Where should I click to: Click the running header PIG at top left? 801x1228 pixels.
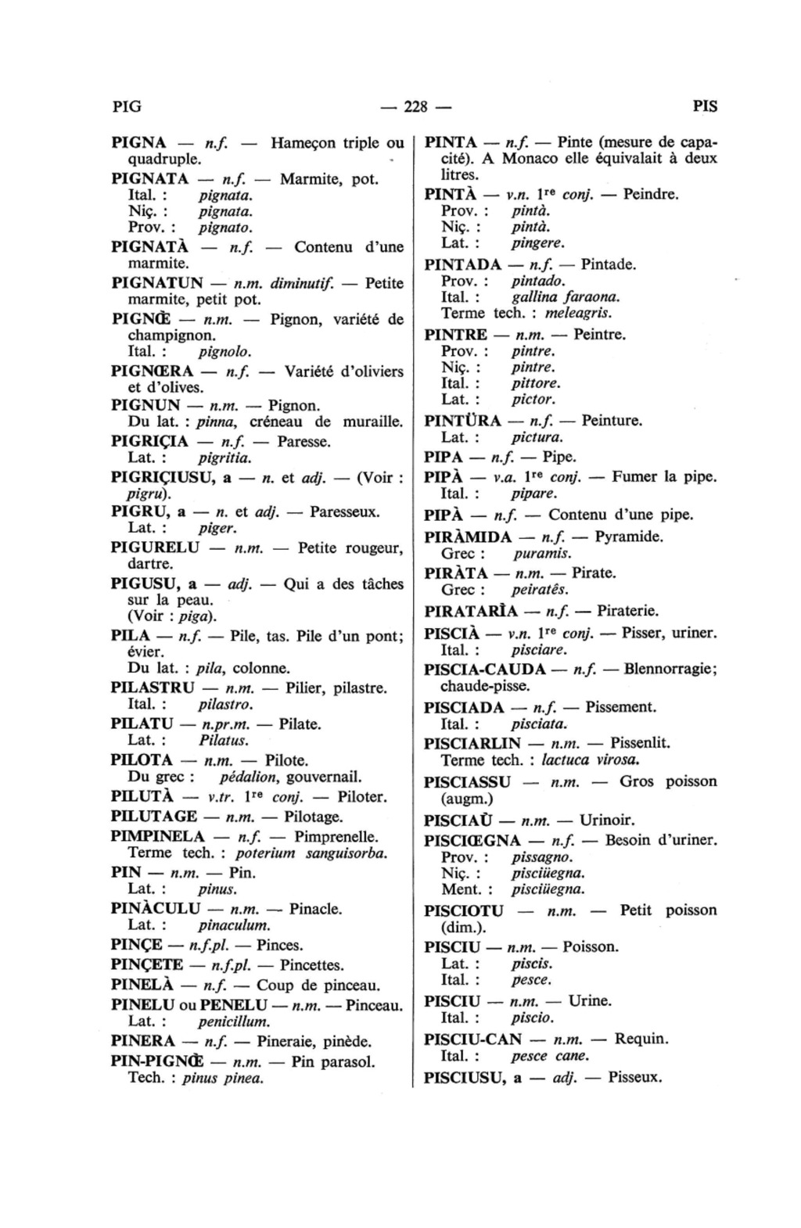pos(128,106)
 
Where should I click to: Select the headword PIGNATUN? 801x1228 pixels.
pos(158,282)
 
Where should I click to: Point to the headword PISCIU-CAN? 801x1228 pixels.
pos(472,1039)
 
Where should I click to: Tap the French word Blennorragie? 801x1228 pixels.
pos(670,670)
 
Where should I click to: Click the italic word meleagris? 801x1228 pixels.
pos(578,313)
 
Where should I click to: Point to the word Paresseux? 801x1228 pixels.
pos(345,512)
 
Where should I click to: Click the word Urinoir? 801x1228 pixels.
pos(607,820)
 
